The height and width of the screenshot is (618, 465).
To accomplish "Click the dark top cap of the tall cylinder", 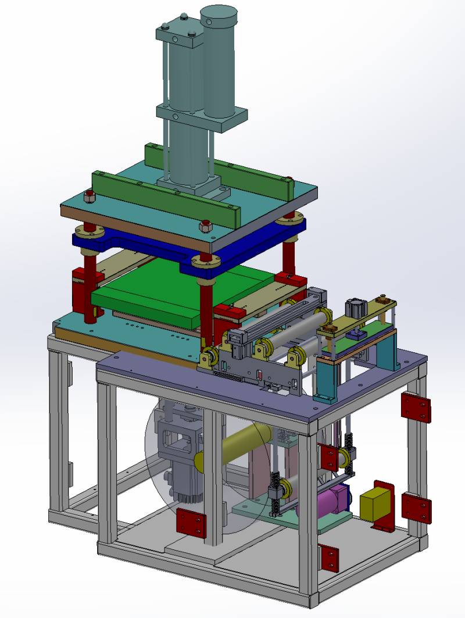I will (x=219, y=13).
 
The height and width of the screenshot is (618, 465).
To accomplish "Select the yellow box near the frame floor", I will (x=377, y=503).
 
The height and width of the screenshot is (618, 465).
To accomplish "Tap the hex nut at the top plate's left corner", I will (x=89, y=197).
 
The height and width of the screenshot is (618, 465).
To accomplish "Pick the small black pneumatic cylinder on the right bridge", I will (x=353, y=307).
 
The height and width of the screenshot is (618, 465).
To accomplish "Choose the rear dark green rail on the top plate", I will (x=221, y=163).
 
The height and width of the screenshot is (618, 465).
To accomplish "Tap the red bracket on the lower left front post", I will (x=191, y=522).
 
